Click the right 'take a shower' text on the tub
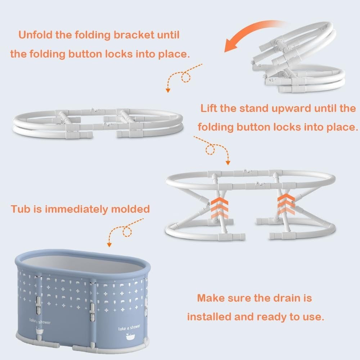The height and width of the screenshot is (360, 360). [x=129, y=328]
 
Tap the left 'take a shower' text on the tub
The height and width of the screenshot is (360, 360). [x=40, y=321]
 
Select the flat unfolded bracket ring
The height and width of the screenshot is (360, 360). [x=97, y=122]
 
